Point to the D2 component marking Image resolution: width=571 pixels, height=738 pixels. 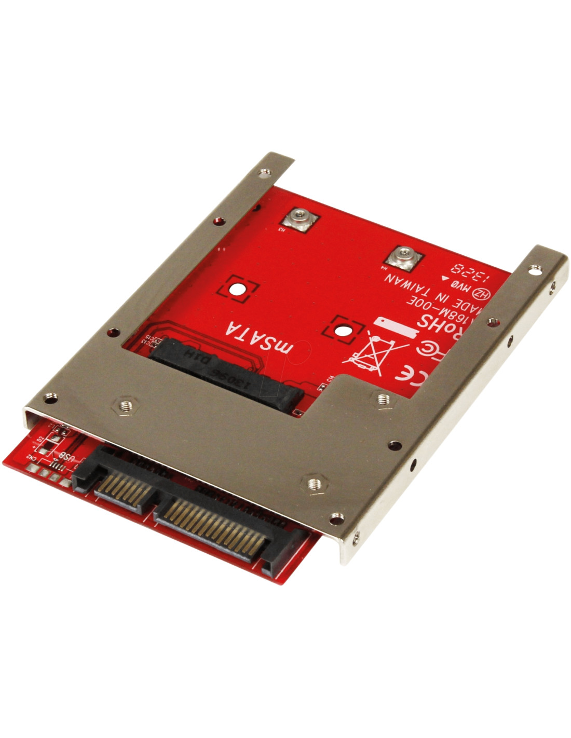tap(40, 443)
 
